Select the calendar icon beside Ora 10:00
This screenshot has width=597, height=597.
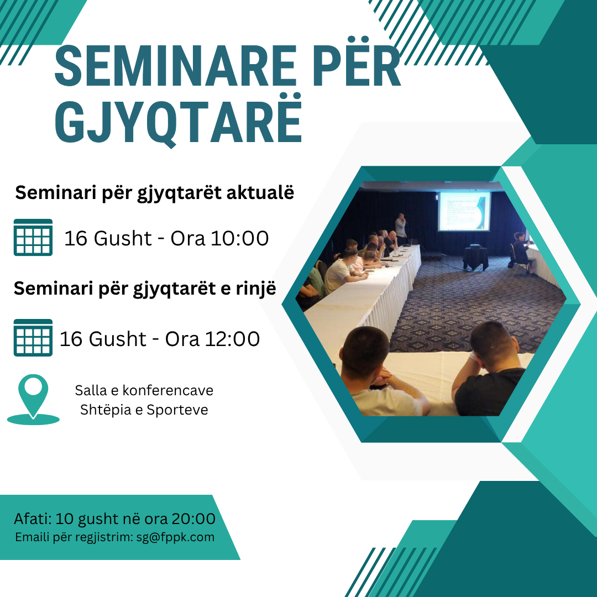pyautogui.click(x=33, y=237)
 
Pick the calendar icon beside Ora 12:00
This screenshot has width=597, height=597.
pyautogui.click(x=33, y=338)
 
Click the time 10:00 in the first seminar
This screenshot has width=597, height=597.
pyautogui.click(x=239, y=238)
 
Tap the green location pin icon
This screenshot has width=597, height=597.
pyautogui.click(x=33, y=400)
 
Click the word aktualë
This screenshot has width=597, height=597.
pyautogui.click(x=260, y=192)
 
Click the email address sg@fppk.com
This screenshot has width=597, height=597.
pyautogui.click(x=175, y=537)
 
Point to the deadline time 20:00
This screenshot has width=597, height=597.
pyautogui.click(x=193, y=519)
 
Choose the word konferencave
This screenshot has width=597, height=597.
pyautogui.click(x=168, y=390)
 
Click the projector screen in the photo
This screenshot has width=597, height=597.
pyautogui.click(x=464, y=211)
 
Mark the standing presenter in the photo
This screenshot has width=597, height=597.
pyautogui.click(x=401, y=229)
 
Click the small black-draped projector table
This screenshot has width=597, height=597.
pyautogui.click(x=475, y=258)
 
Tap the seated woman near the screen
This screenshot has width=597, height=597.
pyautogui.click(x=522, y=252)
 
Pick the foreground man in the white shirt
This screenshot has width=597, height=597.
pyautogui.click(x=381, y=373)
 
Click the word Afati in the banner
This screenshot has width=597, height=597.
pyautogui.click(x=33, y=519)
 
